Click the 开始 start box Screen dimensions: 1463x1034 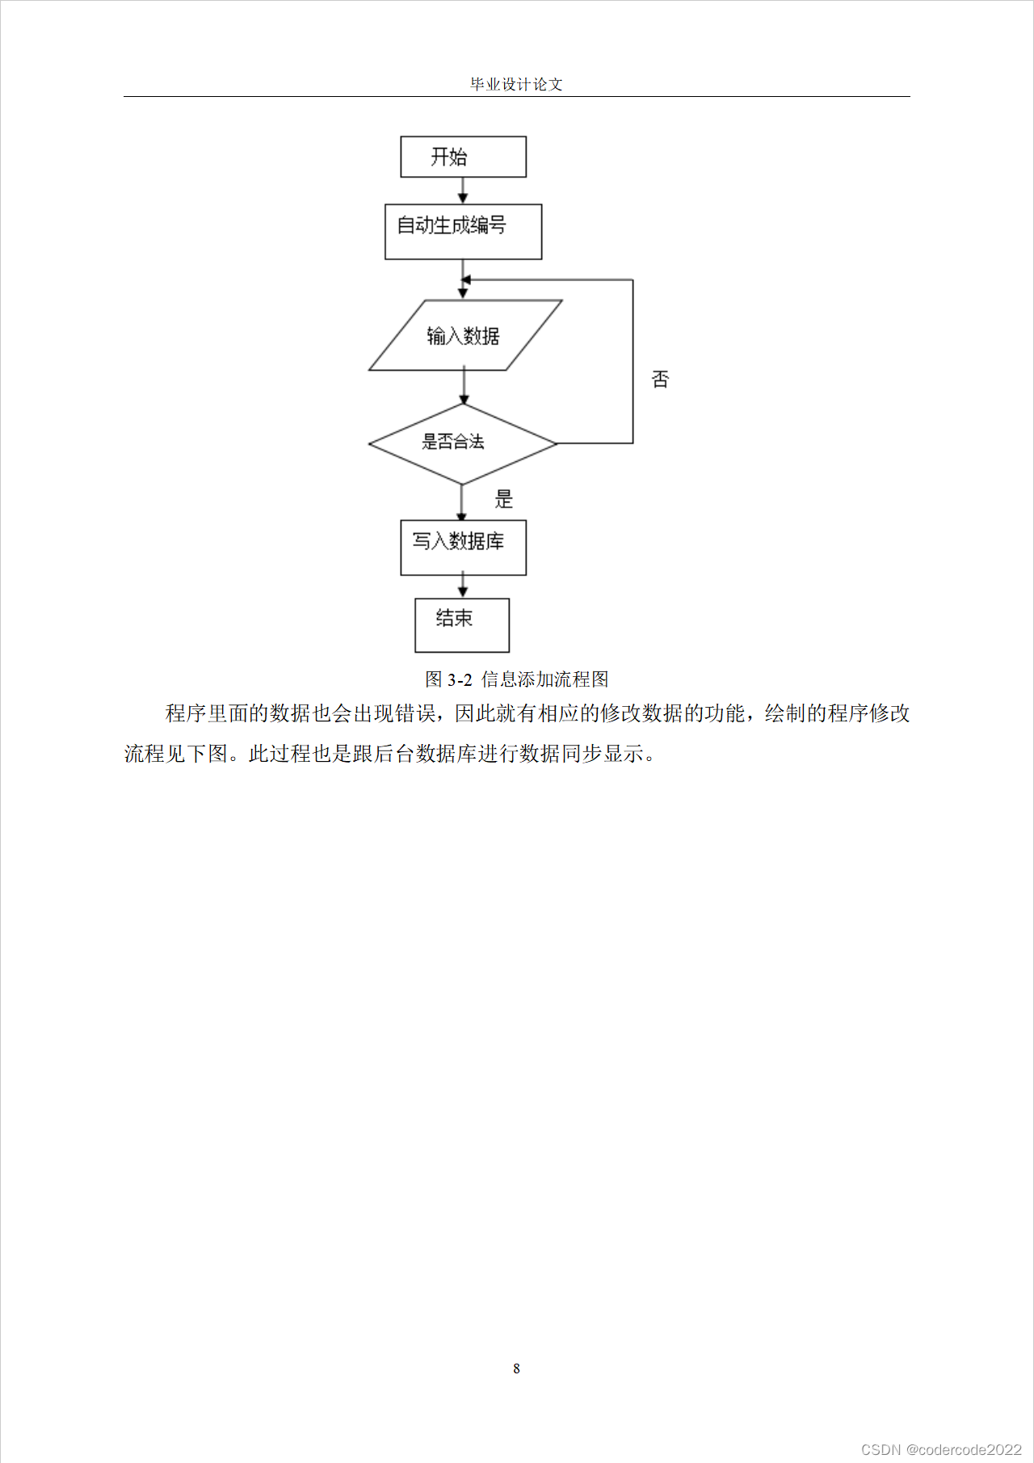point(463,157)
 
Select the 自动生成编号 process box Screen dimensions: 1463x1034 point(463,232)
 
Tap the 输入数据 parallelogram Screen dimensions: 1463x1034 point(464,335)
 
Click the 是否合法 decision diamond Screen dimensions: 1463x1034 point(462,444)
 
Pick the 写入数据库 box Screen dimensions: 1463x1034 point(463,548)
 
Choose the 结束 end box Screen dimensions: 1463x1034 point(462,624)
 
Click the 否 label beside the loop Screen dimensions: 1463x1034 point(660,379)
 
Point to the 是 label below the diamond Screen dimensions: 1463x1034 point(504,499)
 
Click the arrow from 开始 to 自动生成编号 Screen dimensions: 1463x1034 point(463,191)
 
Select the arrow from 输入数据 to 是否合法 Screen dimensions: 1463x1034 point(464,387)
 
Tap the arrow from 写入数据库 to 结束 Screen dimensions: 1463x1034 point(463,586)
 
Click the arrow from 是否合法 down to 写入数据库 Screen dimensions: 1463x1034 point(462,502)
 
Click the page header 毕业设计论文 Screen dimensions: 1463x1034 point(516,84)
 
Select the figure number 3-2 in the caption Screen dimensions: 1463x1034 point(460,680)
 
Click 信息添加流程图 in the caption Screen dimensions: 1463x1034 point(544,680)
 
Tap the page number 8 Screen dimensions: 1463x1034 point(516,1368)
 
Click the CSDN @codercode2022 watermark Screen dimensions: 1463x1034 point(941,1449)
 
